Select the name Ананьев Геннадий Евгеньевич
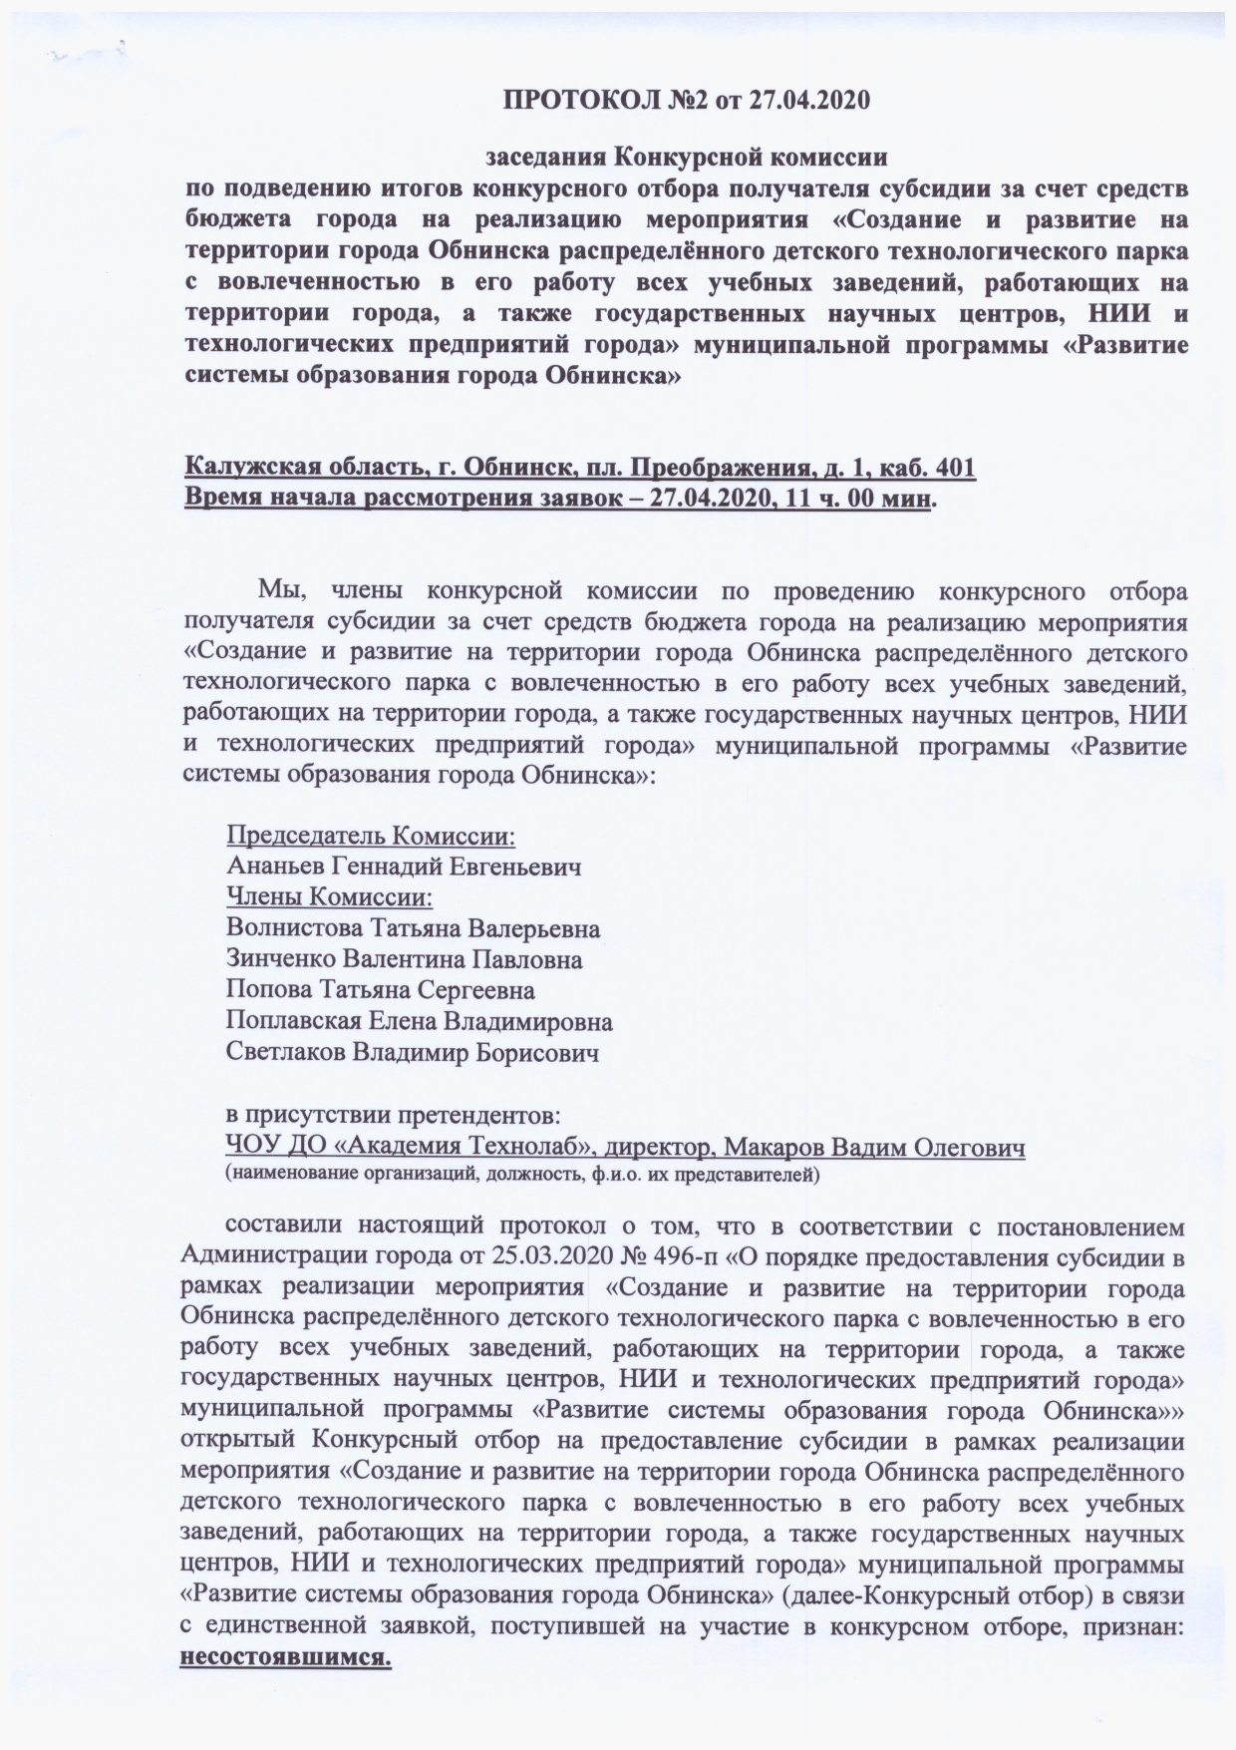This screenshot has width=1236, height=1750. (404, 866)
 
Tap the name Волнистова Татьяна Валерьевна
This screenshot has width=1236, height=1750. (414, 929)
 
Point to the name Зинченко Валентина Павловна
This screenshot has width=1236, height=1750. (405, 960)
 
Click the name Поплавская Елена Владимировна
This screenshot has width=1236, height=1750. (420, 1022)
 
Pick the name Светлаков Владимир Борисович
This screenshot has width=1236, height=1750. (413, 1053)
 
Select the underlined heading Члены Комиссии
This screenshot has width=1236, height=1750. (330, 897)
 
